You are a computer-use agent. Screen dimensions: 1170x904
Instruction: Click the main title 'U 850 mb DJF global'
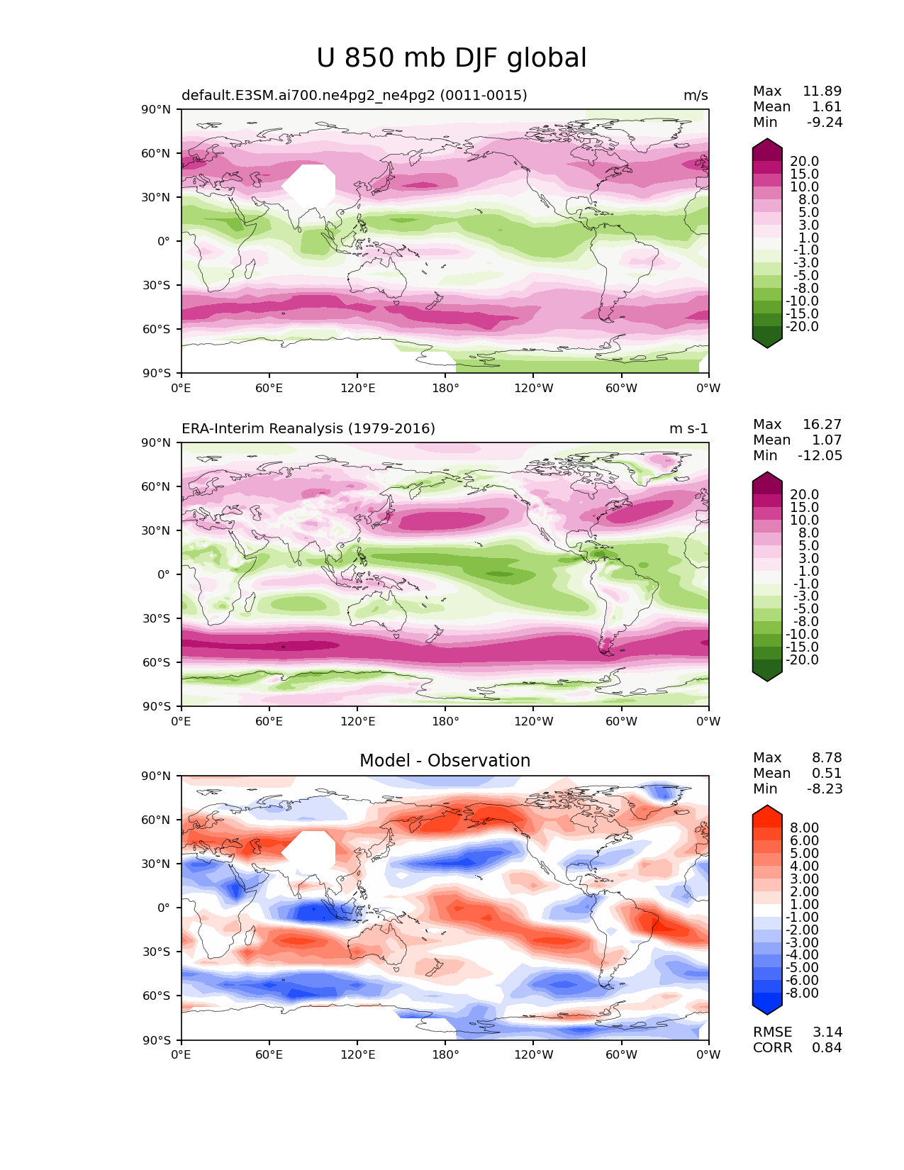coord(452,58)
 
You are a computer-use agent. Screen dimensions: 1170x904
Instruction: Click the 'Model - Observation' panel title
coord(445,761)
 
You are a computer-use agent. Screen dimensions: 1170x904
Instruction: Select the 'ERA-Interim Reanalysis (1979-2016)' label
coord(308,429)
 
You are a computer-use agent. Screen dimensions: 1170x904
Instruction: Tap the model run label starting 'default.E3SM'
coord(354,96)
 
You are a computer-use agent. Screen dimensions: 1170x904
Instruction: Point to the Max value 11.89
coord(822,91)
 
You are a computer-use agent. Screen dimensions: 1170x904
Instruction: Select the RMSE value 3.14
coord(827,1032)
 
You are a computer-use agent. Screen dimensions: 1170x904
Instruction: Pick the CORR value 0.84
coord(827,1048)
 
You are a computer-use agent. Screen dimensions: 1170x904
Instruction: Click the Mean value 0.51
coord(827,774)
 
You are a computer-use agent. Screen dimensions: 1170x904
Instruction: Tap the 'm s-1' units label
coord(688,429)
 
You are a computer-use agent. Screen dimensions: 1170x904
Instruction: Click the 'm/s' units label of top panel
coord(696,96)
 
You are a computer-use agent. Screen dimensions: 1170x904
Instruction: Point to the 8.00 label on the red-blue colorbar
coord(804,828)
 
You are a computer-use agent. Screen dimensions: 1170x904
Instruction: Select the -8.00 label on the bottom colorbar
coord(802,993)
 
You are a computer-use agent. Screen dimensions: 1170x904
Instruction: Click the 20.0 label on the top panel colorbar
coord(804,162)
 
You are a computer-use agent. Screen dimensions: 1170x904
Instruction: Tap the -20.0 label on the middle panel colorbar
coord(802,660)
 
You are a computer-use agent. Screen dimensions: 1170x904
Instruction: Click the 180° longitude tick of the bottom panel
coord(445,1055)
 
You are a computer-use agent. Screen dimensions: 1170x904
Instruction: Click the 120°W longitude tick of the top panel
coord(533,388)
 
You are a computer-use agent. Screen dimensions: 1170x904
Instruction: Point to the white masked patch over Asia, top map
coord(310,185)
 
